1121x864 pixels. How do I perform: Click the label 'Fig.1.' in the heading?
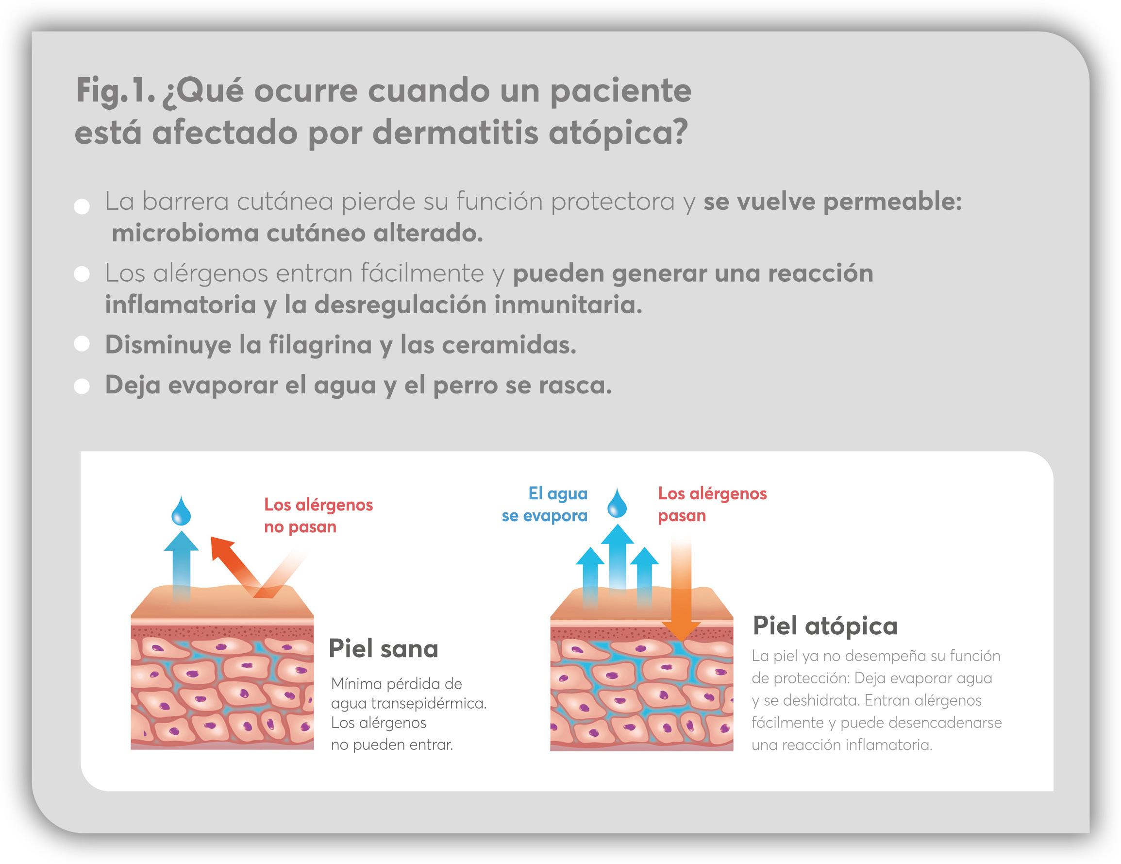point(115,91)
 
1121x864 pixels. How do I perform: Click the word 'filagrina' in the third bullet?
point(320,344)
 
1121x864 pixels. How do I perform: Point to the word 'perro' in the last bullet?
point(465,385)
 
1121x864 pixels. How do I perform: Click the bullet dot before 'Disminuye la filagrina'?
point(82,344)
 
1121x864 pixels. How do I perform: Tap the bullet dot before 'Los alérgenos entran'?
point(82,274)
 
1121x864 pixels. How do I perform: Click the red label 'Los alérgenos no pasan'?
point(318,515)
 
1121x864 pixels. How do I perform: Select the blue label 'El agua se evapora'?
point(545,504)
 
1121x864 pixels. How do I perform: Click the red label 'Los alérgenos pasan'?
point(712,504)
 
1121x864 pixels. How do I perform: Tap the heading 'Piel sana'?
point(383,648)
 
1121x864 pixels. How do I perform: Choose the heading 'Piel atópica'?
point(825,626)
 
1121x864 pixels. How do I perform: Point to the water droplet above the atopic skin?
point(617,504)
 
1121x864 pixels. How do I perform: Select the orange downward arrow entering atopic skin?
point(681,591)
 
